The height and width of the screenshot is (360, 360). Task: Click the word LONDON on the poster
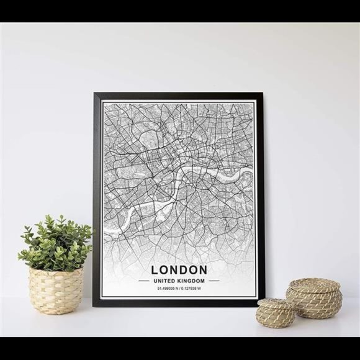point(179,270)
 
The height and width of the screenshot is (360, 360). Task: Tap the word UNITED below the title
point(164,281)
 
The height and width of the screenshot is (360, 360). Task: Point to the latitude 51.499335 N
point(168,288)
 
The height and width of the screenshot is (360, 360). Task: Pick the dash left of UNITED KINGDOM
point(143,281)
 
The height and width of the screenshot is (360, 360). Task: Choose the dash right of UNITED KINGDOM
point(214,281)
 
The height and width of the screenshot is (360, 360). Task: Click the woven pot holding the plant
point(56,290)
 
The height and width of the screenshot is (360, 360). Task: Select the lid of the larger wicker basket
point(314,287)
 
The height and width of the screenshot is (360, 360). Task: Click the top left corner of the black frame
point(95,94)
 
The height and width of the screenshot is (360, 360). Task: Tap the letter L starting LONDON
point(155,270)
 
